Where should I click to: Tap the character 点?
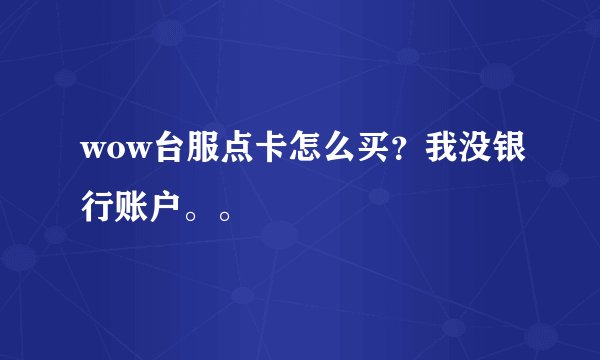pos(238,148)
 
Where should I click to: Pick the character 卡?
pos(276,148)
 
